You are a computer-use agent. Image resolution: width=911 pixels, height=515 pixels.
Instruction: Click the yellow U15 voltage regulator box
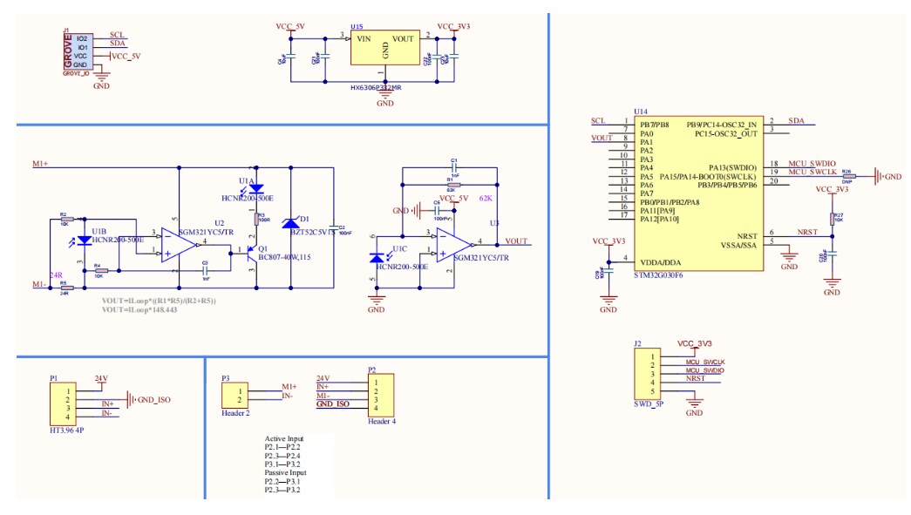tap(384, 50)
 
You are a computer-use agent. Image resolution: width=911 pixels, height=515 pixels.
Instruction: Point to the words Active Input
tap(286, 438)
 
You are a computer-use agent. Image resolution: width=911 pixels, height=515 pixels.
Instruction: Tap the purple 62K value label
tap(486, 199)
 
